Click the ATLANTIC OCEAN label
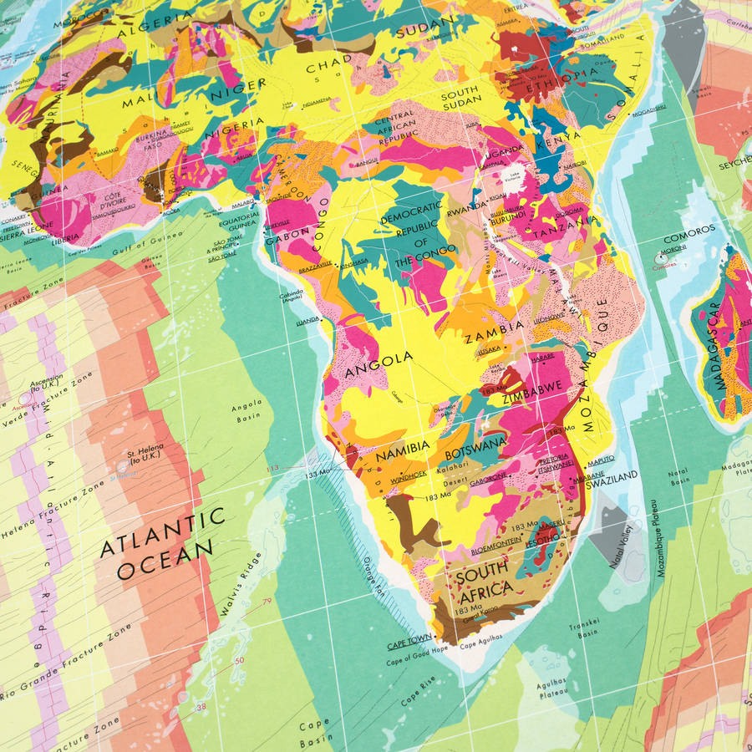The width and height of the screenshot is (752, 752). point(162,544)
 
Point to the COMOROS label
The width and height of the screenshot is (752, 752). point(688,229)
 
